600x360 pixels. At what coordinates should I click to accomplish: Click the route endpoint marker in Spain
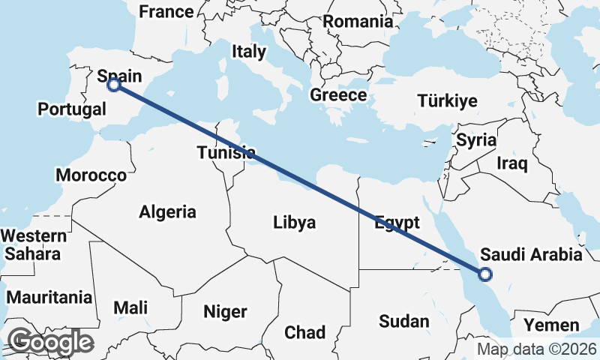pyautogui.click(x=113, y=85)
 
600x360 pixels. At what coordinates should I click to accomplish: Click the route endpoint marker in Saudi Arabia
pyautogui.click(x=485, y=274)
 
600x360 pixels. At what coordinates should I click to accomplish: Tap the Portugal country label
pyautogui.click(x=72, y=109)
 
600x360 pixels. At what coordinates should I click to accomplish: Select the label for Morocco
pyautogui.click(x=91, y=175)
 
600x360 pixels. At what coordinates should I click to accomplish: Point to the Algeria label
pyautogui.click(x=167, y=212)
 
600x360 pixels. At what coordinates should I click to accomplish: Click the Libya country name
pyautogui.click(x=294, y=223)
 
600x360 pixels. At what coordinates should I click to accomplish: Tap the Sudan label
pyautogui.click(x=403, y=322)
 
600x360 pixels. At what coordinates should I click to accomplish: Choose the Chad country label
pyautogui.click(x=304, y=332)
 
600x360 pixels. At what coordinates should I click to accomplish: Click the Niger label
pyautogui.click(x=226, y=311)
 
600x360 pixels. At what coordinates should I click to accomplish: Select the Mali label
pyautogui.click(x=130, y=307)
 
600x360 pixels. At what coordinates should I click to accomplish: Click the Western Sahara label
pyautogui.click(x=32, y=244)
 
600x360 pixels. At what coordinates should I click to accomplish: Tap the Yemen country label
pyautogui.click(x=551, y=325)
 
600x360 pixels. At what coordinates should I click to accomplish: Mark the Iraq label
pyautogui.click(x=512, y=163)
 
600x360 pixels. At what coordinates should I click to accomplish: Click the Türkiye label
pyautogui.click(x=447, y=102)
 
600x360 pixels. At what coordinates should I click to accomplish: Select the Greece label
pyautogui.click(x=338, y=95)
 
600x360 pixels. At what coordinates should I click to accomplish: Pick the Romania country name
pyautogui.click(x=353, y=22)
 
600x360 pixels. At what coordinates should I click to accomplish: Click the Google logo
pyautogui.click(x=50, y=342)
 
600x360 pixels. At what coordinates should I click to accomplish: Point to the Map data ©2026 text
pyautogui.click(x=537, y=349)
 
